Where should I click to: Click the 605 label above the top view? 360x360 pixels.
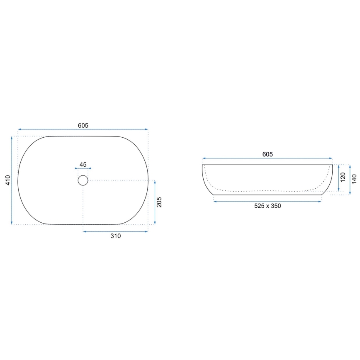(83, 125)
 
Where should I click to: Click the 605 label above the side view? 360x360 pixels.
(268, 154)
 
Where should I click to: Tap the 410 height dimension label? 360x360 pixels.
(7, 180)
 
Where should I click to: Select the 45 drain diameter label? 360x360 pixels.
(83, 165)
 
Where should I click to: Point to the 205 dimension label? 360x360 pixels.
(160, 202)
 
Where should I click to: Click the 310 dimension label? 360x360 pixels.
(115, 236)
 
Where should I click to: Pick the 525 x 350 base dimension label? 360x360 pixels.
(268, 206)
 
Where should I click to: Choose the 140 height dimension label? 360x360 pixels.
(354, 179)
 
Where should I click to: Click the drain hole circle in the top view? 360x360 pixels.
(83, 180)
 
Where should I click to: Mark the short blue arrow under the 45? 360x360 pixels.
(83, 168)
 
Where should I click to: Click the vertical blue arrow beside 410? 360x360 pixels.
(12, 180)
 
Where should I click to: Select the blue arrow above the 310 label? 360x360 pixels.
(115, 231)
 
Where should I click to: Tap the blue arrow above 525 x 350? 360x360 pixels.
(268, 201)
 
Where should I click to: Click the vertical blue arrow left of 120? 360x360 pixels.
(339, 179)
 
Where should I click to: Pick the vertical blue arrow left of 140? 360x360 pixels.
(350, 179)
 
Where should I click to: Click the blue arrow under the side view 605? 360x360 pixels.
(268, 158)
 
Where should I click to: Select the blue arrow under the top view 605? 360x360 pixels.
(83, 129)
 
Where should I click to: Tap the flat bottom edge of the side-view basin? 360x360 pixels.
(268, 195)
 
